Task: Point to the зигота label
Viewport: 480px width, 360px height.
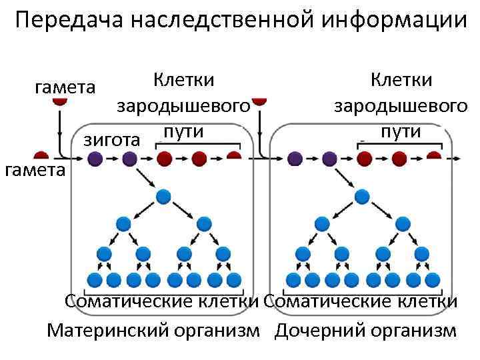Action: (111, 140)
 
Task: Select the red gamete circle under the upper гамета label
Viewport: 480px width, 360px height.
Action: (60, 101)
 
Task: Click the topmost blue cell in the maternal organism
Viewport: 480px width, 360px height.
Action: (163, 196)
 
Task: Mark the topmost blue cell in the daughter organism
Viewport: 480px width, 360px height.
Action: (361, 196)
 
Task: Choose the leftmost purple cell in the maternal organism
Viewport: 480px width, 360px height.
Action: (94, 159)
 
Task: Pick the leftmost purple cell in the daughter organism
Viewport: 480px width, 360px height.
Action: (294, 159)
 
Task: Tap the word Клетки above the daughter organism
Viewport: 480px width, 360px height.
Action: (401, 80)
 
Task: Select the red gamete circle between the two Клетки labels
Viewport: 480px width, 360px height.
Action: (260, 101)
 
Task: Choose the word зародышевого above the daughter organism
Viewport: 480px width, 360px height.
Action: (400, 105)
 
